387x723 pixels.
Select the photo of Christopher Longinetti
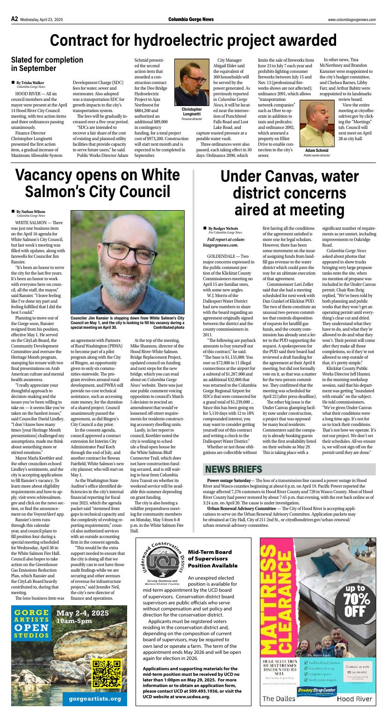pos(192,82)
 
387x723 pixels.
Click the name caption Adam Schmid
pos(316,150)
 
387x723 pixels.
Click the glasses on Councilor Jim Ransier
pos(127,253)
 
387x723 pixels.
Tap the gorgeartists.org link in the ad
pos(95,699)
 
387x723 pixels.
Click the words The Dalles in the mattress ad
pos(279,699)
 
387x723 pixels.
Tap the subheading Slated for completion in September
pos(47,64)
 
